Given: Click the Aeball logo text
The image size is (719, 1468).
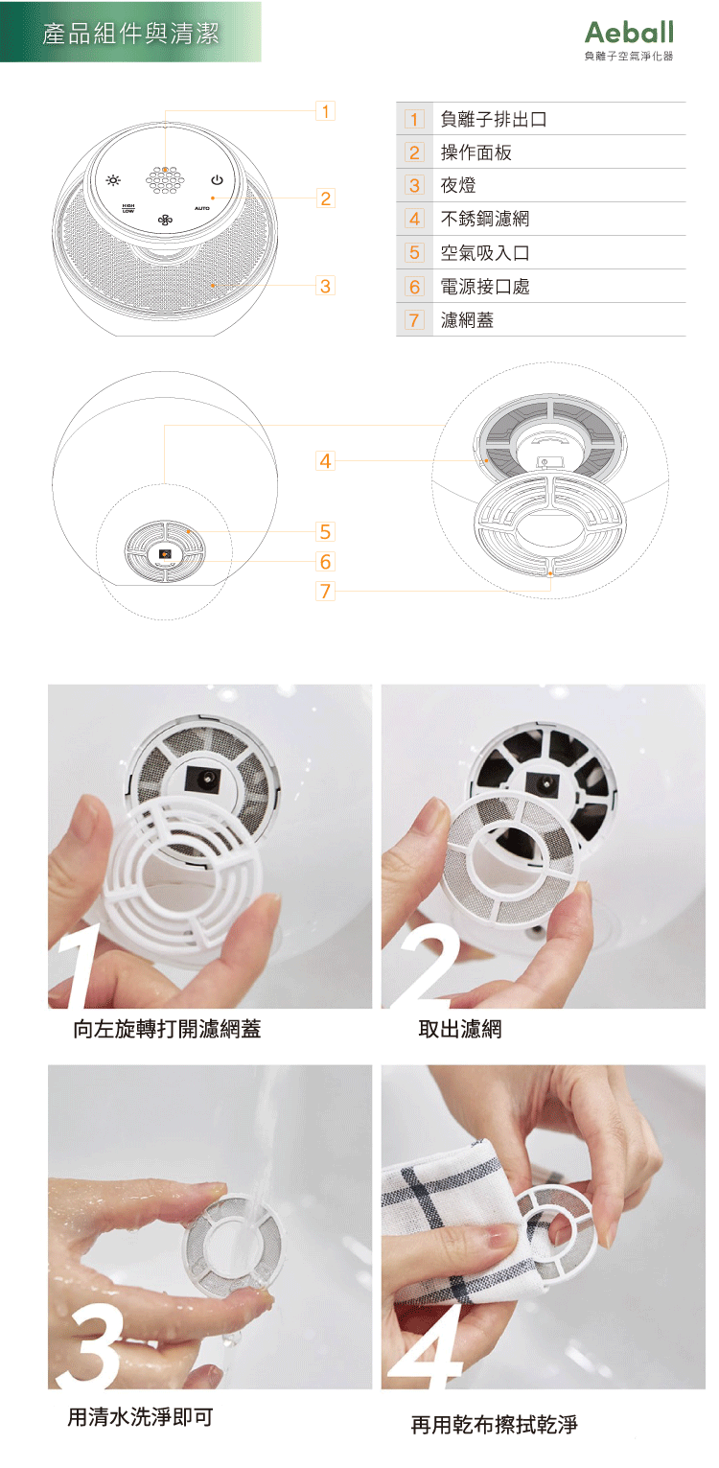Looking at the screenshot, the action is pyautogui.click(x=629, y=32).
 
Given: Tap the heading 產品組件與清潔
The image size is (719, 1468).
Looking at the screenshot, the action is pyautogui.click(x=130, y=34).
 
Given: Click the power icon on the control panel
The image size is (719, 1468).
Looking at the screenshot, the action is pyautogui.click(x=217, y=179).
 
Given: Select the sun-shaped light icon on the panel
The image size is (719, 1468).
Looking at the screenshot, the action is pyautogui.click(x=113, y=179).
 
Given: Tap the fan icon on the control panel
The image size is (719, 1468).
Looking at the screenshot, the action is pyautogui.click(x=165, y=221).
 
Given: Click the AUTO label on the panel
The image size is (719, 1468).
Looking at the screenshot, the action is pyautogui.click(x=202, y=208).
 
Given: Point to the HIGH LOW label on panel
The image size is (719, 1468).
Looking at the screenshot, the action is pyautogui.click(x=128, y=208).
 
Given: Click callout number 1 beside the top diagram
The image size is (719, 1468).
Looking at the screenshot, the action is pyautogui.click(x=325, y=111).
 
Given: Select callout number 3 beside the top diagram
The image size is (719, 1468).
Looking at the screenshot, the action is pyautogui.click(x=325, y=286).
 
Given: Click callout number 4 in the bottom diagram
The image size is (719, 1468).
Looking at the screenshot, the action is pyautogui.click(x=325, y=460).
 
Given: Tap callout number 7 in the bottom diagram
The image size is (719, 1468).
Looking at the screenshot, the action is pyautogui.click(x=325, y=592).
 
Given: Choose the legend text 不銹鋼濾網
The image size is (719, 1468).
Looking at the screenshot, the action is pyautogui.click(x=484, y=219).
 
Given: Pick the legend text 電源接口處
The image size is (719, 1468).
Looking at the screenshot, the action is pyautogui.click(x=484, y=287).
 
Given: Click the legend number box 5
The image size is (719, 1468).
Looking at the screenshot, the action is pyautogui.click(x=414, y=252).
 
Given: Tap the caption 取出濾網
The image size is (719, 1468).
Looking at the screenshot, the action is pyautogui.click(x=460, y=1029).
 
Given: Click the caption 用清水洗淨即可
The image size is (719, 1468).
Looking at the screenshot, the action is pyautogui.click(x=140, y=1417).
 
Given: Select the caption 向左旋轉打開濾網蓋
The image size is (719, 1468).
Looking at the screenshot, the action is pyautogui.click(x=167, y=1029).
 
